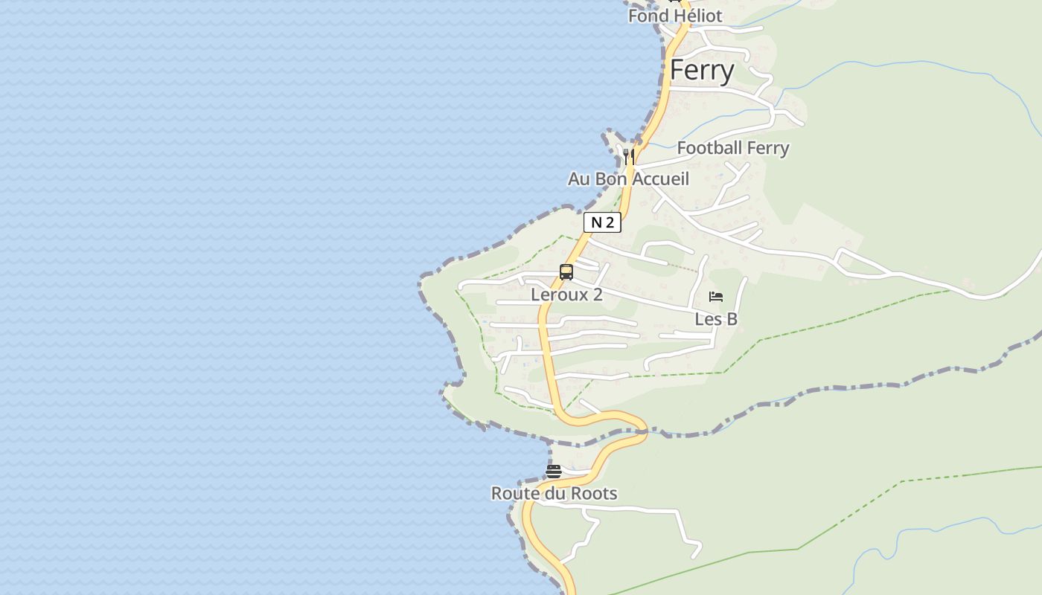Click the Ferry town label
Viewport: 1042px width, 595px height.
(x=702, y=70)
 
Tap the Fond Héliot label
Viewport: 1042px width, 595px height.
(x=675, y=16)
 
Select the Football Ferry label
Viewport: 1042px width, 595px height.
(x=732, y=148)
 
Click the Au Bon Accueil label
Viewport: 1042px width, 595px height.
(x=628, y=179)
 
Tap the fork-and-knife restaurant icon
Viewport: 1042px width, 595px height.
(x=629, y=156)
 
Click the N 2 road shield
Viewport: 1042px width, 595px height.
(x=601, y=222)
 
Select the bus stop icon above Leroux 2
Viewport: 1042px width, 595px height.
(x=566, y=272)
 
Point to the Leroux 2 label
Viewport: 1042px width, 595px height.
(x=566, y=295)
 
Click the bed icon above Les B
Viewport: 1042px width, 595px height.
(x=716, y=297)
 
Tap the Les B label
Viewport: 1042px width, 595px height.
(x=716, y=319)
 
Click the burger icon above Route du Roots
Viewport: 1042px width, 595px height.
(x=553, y=471)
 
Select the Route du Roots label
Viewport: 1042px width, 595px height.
(x=554, y=493)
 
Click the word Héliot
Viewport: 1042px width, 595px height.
(x=697, y=16)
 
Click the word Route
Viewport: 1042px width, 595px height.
(x=514, y=493)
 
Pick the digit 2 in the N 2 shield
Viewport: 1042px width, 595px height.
(x=610, y=222)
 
